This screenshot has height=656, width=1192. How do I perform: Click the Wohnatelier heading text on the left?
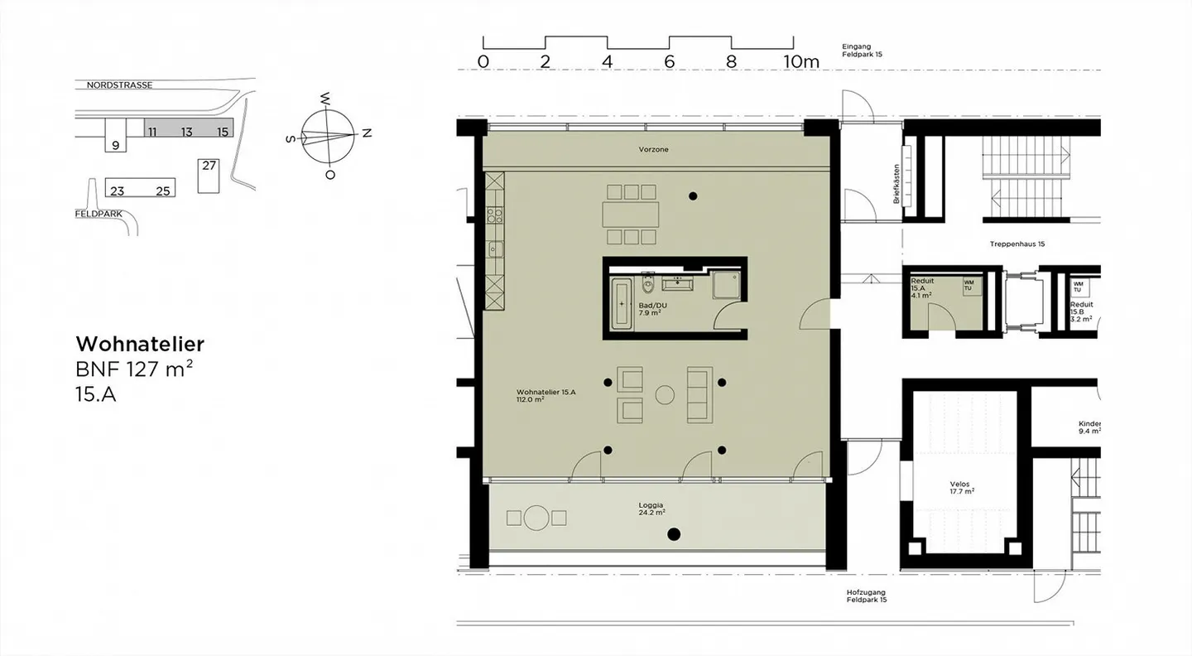tap(140, 344)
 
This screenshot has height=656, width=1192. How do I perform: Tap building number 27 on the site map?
tap(209, 166)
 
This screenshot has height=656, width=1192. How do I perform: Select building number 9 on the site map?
tap(115, 145)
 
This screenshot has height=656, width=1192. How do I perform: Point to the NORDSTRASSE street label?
tap(119, 85)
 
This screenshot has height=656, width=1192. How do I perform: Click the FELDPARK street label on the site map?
tap(99, 213)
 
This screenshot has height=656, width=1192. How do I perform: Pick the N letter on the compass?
tap(368, 133)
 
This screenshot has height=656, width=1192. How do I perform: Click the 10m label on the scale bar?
tap(800, 61)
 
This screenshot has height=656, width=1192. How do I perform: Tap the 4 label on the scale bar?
tap(607, 61)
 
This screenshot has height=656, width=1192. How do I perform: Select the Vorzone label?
tap(653, 150)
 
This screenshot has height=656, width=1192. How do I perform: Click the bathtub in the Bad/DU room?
tap(622, 304)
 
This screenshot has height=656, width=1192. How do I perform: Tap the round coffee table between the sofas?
tap(665, 395)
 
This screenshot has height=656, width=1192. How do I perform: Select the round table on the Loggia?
tap(536, 518)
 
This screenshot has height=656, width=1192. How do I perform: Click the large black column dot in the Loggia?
tap(674, 534)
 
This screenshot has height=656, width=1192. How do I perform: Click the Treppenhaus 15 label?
tap(1017, 244)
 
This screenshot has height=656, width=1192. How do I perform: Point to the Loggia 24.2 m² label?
tap(651, 509)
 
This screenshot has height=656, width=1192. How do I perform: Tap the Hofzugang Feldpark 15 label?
tap(866, 596)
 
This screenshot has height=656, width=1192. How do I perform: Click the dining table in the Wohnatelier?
tap(632, 215)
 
